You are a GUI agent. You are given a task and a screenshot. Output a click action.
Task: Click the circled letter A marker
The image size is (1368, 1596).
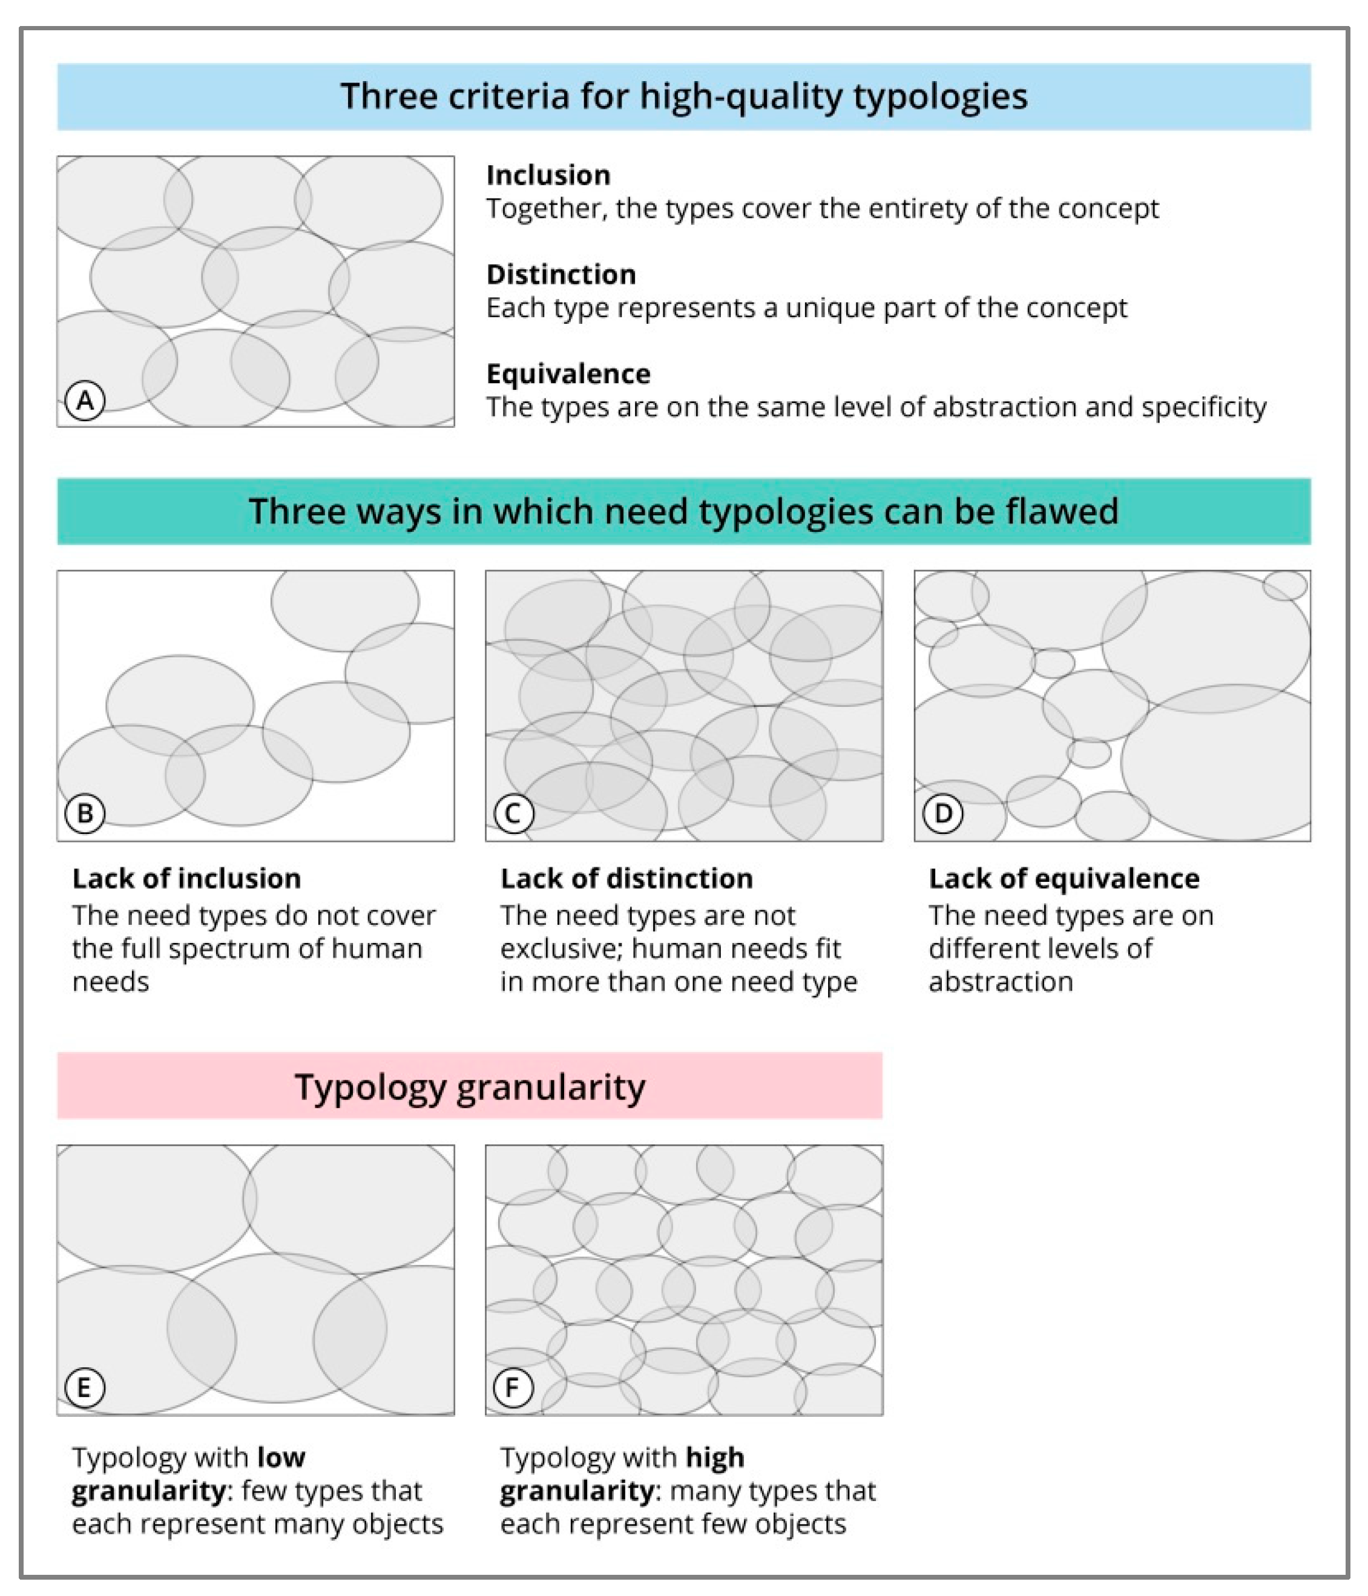85,401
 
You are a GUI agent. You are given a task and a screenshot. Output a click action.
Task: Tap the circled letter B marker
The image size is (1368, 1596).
85,813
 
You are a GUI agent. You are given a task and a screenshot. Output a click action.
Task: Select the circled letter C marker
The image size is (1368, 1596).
514,813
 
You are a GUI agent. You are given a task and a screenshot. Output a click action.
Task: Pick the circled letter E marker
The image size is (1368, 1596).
85,1388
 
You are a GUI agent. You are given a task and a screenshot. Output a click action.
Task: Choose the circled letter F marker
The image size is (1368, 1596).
514,1388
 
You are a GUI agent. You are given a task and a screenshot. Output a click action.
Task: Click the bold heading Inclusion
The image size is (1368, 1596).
548,176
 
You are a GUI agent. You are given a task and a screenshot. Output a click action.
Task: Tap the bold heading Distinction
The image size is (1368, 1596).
561,275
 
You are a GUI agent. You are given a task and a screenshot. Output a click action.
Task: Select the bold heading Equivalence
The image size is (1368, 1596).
568,375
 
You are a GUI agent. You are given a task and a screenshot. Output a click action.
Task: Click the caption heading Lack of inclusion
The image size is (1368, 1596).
186,879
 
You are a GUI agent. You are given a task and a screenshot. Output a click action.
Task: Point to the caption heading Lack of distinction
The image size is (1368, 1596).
626,879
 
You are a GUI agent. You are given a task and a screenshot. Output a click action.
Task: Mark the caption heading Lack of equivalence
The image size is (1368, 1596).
1064,879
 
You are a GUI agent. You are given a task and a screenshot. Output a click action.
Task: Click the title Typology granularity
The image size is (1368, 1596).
470,1087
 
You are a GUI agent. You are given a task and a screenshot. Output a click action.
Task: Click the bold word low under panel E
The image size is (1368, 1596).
281,1457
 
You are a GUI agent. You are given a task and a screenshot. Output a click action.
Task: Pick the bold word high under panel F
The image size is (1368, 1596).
715,1457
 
